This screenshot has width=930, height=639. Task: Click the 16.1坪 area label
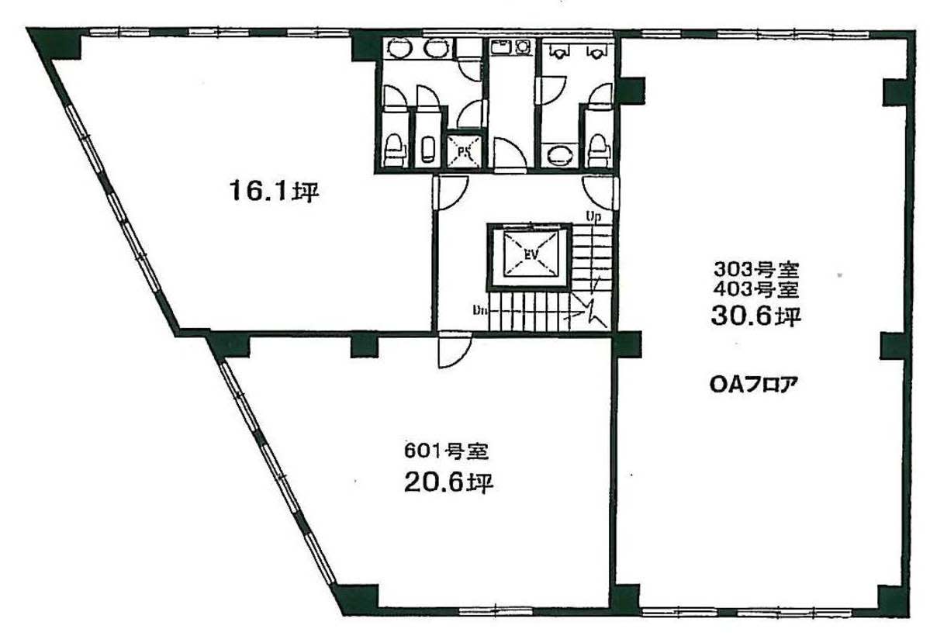click(x=275, y=192)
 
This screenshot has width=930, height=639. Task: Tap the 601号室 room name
click(x=446, y=451)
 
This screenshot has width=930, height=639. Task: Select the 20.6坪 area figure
click(x=449, y=483)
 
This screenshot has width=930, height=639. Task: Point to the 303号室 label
click(x=756, y=271)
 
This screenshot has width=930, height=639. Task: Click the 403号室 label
click(x=756, y=290)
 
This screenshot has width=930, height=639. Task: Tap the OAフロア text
click(x=753, y=385)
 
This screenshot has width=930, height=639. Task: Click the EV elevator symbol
click(x=530, y=255)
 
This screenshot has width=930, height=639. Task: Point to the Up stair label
click(x=593, y=216)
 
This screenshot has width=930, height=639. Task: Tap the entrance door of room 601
click(x=455, y=351)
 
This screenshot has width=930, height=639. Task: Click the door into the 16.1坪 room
click(x=450, y=192)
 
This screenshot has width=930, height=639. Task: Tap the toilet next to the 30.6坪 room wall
click(x=598, y=150)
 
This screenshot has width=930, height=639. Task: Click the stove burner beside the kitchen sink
click(x=523, y=46)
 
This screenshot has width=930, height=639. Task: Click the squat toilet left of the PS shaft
click(x=427, y=150)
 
